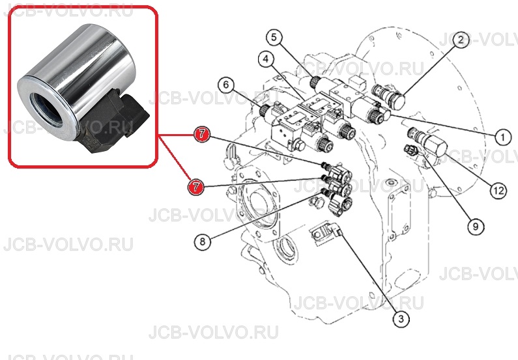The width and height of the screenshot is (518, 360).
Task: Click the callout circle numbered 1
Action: (x=503, y=137)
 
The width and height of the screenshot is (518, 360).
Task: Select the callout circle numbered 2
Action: (x=460, y=40)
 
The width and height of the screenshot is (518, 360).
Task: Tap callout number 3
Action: (x=401, y=319)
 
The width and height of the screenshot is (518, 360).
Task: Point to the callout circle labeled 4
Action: (x=266, y=59)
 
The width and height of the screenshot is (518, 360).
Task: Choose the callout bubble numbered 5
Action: (x=274, y=37)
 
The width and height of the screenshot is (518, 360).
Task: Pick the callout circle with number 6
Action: (x=226, y=85)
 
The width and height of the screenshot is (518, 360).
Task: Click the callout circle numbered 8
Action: (x=203, y=242)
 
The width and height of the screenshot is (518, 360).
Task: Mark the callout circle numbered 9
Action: (x=476, y=227)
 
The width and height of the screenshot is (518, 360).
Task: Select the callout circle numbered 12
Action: (x=498, y=190)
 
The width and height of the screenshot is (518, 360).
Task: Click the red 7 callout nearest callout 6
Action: (x=202, y=134)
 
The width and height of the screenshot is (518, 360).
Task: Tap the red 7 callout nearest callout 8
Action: (x=196, y=186)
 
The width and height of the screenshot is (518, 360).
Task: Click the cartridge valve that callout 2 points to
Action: (x=389, y=96)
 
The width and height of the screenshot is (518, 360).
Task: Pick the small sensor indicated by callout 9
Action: (x=410, y=150)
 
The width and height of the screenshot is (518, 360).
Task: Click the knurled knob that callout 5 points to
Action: (x=315, y=82)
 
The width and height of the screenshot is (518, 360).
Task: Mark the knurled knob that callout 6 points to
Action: (x=265, y=110)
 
